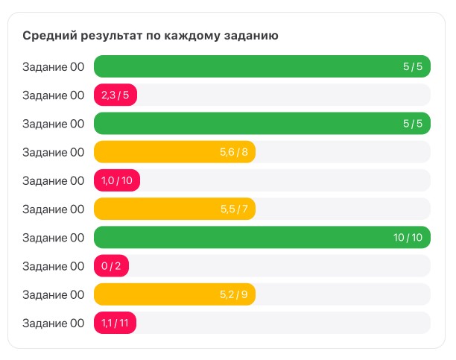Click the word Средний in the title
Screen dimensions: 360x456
point(47,35)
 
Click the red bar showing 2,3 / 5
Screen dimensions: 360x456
point(115,95)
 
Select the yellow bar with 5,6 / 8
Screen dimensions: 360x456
point(174,152)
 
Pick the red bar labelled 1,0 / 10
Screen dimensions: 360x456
point(117,180)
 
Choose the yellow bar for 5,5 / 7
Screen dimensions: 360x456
point(174,209)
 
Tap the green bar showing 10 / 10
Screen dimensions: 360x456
point(262,238)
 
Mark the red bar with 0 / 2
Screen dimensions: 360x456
point(111,266)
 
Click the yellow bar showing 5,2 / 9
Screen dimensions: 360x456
point(174,294)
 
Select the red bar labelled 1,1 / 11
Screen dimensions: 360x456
point(115,323)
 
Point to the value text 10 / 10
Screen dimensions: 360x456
point(408,238)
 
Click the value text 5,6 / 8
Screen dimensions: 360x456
point(233,152)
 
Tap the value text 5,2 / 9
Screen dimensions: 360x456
point(233,294)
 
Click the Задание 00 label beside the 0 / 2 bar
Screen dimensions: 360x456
point(53,266)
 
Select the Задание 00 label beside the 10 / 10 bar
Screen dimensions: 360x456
point(53,238)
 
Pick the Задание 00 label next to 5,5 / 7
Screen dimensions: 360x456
point(53,209)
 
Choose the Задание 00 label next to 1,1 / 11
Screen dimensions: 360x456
point(53,323)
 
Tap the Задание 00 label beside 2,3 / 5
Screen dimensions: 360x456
point(53,95)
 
